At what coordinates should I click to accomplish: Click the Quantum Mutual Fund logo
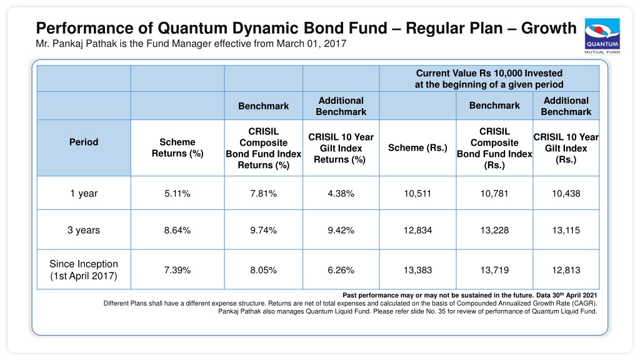point(602,36)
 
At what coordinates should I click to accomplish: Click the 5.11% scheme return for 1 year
point(177,194)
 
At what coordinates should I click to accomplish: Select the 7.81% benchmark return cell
point(264,194)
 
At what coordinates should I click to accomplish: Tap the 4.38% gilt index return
point(341,194)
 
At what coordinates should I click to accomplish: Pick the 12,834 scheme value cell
point(417,230)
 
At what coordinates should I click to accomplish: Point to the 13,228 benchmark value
point(494,230)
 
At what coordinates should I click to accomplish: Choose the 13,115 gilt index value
point(566,230)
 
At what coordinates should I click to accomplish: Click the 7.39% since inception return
point(177,270)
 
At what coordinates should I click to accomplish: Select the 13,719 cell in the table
point(494,270)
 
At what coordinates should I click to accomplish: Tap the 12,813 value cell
point(566,270)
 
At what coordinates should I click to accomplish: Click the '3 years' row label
point(84,230)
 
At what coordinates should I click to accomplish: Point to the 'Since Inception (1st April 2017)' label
point(84,270)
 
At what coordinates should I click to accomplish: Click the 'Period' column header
point(84,142)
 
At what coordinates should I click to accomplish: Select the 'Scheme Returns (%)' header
point(177,147)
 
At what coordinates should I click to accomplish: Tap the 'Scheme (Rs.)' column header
point(417,147)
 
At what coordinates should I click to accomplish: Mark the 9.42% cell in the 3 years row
point(341,230)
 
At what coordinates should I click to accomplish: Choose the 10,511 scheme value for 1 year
point(417,194)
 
